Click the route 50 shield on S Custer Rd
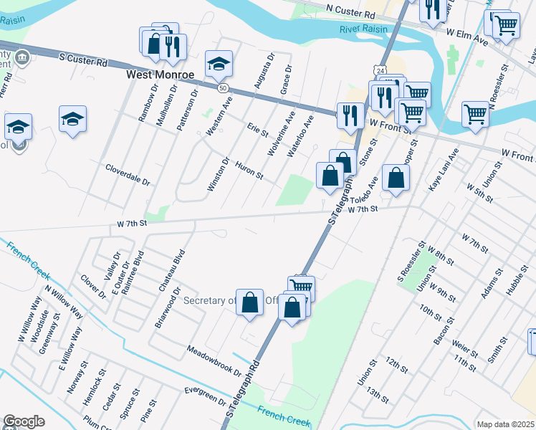(224, 87)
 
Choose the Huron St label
(249, 171)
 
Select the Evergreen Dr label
(205, 395)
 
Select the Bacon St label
(441, 333)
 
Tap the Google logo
(24, 421)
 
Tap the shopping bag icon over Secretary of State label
(250, 302)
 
